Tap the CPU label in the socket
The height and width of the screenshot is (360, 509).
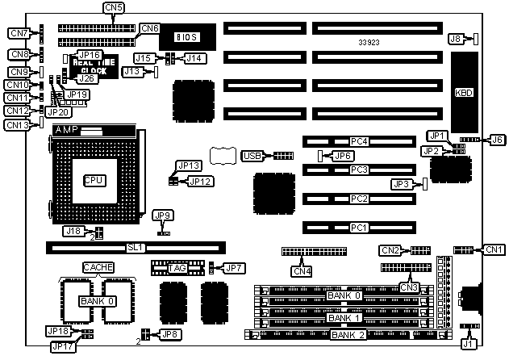click(94, 179)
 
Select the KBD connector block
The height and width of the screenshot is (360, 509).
click(464, 92)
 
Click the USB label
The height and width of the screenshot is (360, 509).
click(252, 155)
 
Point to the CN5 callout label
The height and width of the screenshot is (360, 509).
click(115, 8)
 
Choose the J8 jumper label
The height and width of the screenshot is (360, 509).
click(456, 38)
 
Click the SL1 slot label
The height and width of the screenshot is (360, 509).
click(136, 247)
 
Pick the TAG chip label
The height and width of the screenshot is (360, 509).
click(177, 266)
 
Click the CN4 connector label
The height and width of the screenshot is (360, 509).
click(301, 260)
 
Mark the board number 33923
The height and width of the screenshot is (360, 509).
click(370, 40)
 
